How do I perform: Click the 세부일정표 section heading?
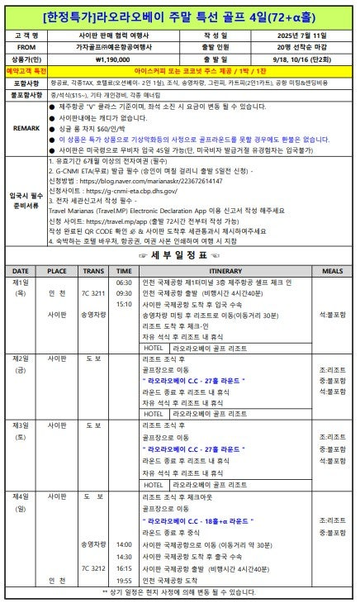[179, 255]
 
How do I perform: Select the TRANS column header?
[93, 271]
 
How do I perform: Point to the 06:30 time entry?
[124, 282]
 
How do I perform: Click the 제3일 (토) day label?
[21, 430]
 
